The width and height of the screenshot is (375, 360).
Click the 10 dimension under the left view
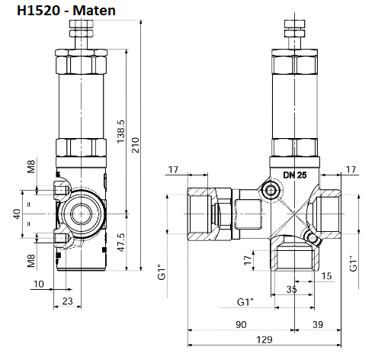[x=39, y=285]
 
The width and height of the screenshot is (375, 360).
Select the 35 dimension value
[x=291, y=290]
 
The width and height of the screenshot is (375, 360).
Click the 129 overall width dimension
[x=264, y=340]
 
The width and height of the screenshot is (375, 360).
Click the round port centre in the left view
[x=80, y=214]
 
